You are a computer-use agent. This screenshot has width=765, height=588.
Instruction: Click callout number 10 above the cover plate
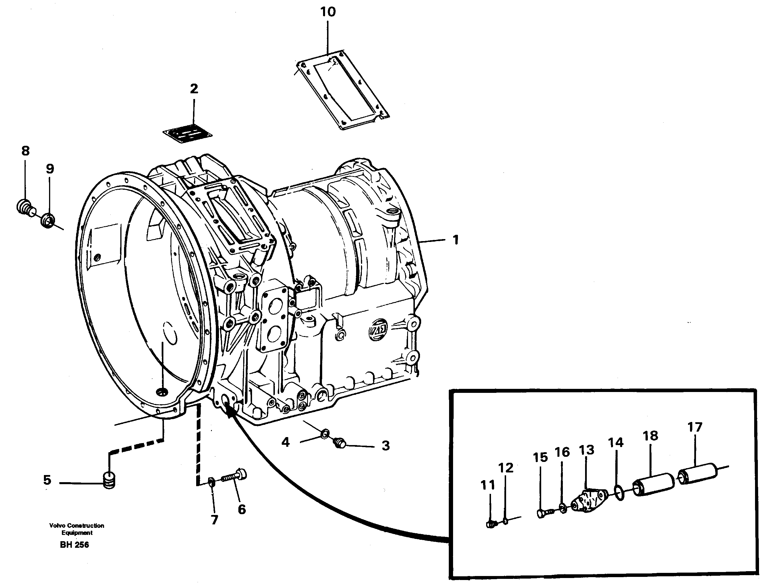328,12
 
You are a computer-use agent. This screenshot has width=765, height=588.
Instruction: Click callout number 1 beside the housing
455,240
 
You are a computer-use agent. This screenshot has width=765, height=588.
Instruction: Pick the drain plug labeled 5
110,480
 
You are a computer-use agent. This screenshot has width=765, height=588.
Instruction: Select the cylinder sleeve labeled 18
654,484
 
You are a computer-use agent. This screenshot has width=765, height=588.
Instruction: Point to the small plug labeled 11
492,524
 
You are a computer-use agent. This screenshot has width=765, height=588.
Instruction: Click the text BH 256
74,545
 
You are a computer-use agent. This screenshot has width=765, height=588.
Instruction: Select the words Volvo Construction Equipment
77,529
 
